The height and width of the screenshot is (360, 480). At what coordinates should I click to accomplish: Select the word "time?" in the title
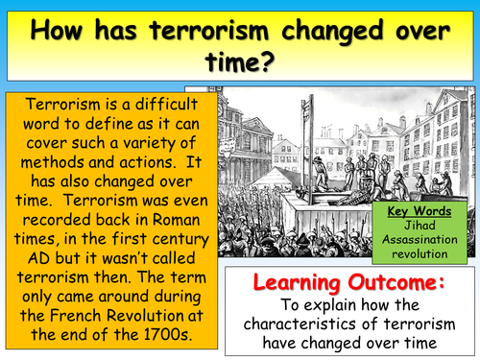coord(240,63)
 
